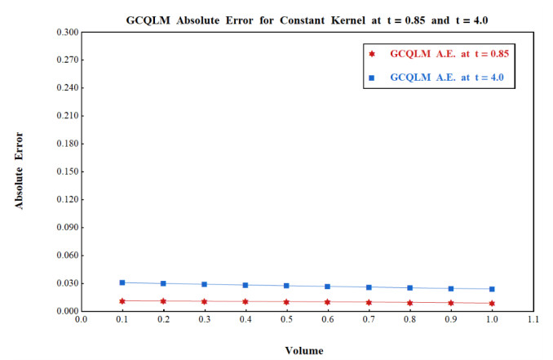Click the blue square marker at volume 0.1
point(122,282)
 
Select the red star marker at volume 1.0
point(492,303)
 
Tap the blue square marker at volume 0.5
point(286,286)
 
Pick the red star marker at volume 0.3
point(204,302)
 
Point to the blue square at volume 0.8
point(409,288)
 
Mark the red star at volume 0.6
point(328,302)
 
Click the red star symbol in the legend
point(372,54)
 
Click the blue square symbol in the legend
point(371,78)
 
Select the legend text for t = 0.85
point(449,54)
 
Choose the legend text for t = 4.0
point(447,78)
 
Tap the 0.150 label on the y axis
point(68,171)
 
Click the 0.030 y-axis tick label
point(68,283)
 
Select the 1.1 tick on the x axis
point(533,319)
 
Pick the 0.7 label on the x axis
point(369,319)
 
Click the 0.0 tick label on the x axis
point(81,319)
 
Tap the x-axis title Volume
point(304,351)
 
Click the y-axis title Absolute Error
point(19,171)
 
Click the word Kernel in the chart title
point(348,20)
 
